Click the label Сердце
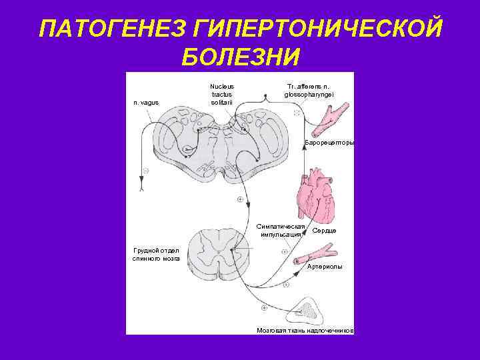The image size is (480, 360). pyautogui.click(x=325, y=231)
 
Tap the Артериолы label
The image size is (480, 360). pyautogui.click(x=325, y=267)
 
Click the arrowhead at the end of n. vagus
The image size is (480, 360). pyautogui.click(x=142, y=178)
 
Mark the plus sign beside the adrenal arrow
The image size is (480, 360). pyautogui.click(x=264, y=308)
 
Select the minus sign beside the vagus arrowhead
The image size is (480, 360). pyautogui.click(x=145, y=170)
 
